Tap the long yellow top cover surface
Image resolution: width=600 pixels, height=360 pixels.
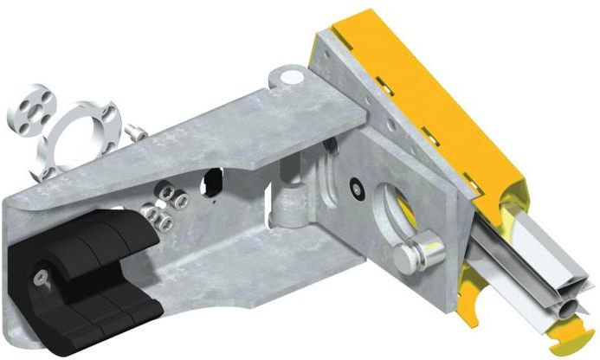tap(433, 87)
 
